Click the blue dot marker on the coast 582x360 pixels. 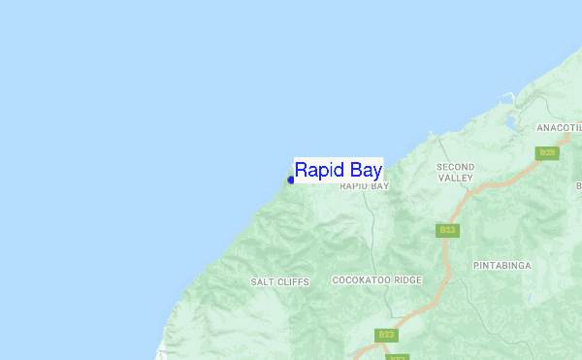tap(291, 180)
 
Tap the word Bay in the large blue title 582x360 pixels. tap(365, 170)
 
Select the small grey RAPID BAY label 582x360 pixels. tap(364, 185)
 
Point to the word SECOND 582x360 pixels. tap(455, 167)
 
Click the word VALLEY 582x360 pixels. tap(455, 179)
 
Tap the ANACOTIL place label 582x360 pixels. tap(558, 127)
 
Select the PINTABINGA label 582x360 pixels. tap(501, 265)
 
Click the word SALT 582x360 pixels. tap(262, 281)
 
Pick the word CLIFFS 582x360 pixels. tap(292, 281)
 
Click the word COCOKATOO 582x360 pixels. tap(361, 280)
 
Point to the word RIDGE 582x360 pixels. tap(407, 280)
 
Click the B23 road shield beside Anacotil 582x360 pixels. tap(548, 152)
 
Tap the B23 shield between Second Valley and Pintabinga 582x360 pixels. tap(447, 230)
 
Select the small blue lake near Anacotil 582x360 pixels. tap(511, 123)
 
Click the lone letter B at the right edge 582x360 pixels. tap(578, 185)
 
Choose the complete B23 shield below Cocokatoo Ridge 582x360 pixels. tap(386, 335)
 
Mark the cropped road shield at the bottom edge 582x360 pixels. tap(397, 356)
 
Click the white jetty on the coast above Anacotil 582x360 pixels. tap(505, 98)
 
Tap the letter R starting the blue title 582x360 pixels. tap(302, 169)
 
